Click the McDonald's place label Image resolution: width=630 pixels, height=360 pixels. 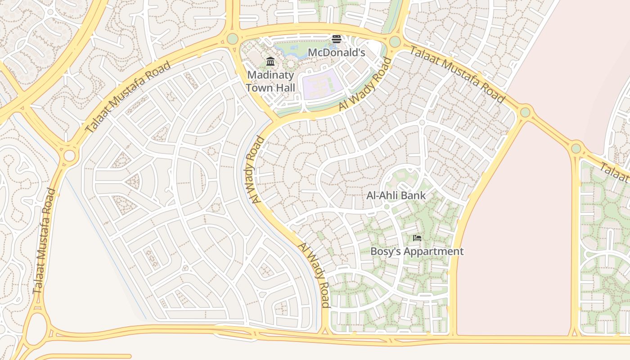pyautogui.click(x=336, y=53)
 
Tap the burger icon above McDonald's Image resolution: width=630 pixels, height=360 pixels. pyautogui.click(x=336, y=40)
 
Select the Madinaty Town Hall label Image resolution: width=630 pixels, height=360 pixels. pyautogui.click(x=270, y=81)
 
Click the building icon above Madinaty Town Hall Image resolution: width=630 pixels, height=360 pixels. pyautogui.click(x=270, y=61)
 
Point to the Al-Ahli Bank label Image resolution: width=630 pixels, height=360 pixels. pyautogui.click(x=396, y=195)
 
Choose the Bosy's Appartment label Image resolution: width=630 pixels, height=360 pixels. pyautogui.click(x=417, y=251)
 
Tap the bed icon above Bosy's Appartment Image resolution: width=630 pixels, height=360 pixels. pyautogui.click(x=417, y=238)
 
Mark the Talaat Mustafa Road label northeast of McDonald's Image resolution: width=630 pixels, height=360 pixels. pyautogui.click(x=456, y=74)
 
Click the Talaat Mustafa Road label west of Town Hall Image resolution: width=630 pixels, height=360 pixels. pyautogui.click(x=128, y=97)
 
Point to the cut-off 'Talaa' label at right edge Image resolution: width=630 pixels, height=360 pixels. pyautogui.click(x=615, y=173)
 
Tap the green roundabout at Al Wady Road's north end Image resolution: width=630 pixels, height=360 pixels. pyautogui.click(x=395, y=42)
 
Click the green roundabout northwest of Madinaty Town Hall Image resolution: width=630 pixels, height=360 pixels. pyautogui.click(x=233, y=39)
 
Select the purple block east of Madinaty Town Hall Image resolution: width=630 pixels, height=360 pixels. pyautogui.click(x=320, y=84)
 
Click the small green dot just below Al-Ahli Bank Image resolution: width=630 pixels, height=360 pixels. pyautogui.click(x=386, y=207)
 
